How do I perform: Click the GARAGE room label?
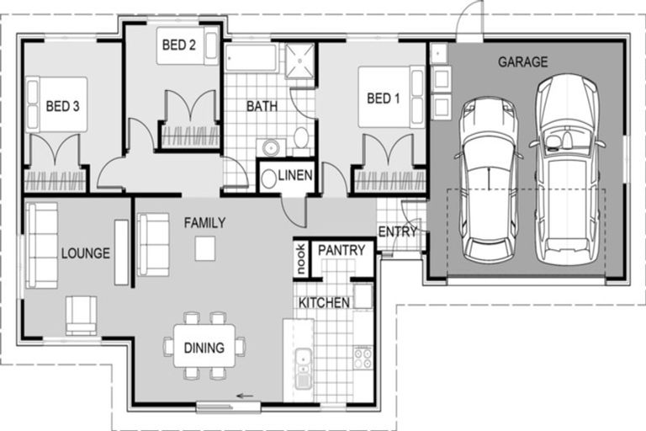pos(522,62)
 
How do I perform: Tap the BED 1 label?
pos(384,99)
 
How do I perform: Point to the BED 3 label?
pos(63,107)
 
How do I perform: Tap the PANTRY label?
pos(342,251)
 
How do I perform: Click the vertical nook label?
pos(300,259)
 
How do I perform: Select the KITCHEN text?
pos(324,302)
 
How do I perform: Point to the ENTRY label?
pos(397,231)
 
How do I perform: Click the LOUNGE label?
pos(85,253)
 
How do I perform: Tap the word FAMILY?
pos(204,223)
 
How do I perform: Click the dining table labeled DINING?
pos(204,347)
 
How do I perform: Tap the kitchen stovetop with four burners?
pos(363,356)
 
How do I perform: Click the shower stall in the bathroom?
pos(299,60)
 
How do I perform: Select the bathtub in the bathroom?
pos(251,59)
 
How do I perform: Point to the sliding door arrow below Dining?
pos(245,395)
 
